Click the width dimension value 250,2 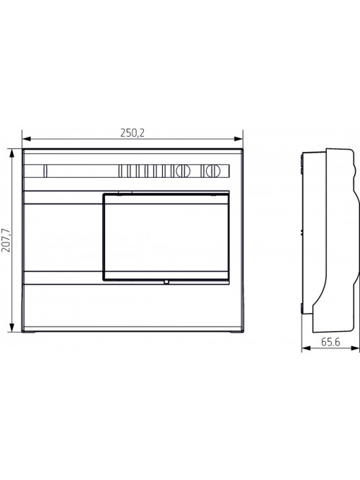coord(132,133)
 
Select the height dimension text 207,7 coord(6,240)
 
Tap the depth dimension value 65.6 coord(330,342)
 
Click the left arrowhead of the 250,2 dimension coord(27,139)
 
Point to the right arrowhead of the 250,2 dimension coord(238,139)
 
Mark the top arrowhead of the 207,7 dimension coord(12,153)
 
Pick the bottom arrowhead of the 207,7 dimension coord(12,327)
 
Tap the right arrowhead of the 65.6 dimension coord(355,348)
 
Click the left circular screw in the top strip coord(183,171)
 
